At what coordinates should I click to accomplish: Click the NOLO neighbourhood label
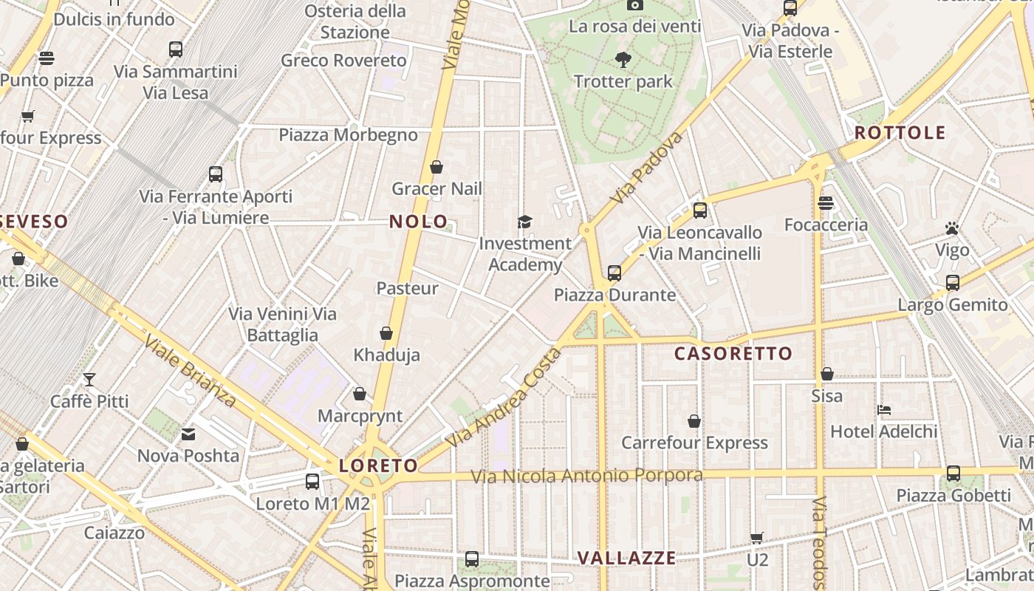418,222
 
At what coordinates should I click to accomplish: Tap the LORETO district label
378,465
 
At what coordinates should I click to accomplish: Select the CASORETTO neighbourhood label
733,354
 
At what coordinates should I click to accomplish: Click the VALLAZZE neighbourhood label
626,558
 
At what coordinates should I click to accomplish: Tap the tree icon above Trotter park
623,60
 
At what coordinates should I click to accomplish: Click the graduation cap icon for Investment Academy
524,222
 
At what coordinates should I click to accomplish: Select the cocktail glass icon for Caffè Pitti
89,380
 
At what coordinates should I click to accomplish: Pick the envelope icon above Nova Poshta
188,434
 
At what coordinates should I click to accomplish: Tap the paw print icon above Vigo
952,228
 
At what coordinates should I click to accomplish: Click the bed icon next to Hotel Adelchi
884,409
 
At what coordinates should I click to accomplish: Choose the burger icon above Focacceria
826,202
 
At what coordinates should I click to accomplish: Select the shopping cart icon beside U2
757,538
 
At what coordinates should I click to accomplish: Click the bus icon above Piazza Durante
614,273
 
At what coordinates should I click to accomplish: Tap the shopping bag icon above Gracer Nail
436,167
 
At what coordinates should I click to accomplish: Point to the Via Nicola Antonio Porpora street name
587,476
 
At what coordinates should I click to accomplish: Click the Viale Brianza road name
190,371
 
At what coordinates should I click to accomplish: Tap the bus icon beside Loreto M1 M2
312,482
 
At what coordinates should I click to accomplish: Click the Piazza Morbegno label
348,135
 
